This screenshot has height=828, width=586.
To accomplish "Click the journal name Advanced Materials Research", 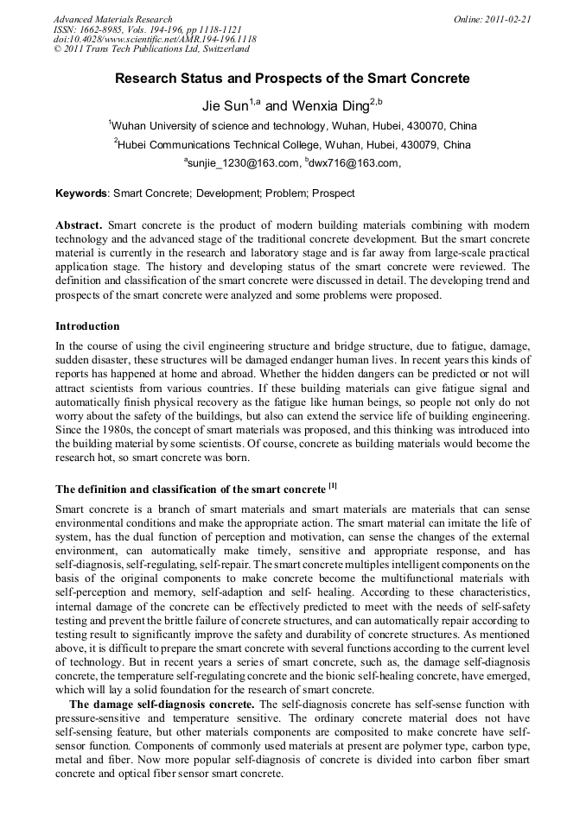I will tap(112, 19).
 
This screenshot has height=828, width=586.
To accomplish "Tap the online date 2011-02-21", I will tap(509, 19).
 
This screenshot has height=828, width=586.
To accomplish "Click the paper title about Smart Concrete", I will tap(293, 79).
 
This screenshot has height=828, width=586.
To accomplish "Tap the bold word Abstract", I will tap(79, 224).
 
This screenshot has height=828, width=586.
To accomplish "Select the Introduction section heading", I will tap(87, 326).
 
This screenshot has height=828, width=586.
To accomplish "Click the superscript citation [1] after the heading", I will tap(331, 485).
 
